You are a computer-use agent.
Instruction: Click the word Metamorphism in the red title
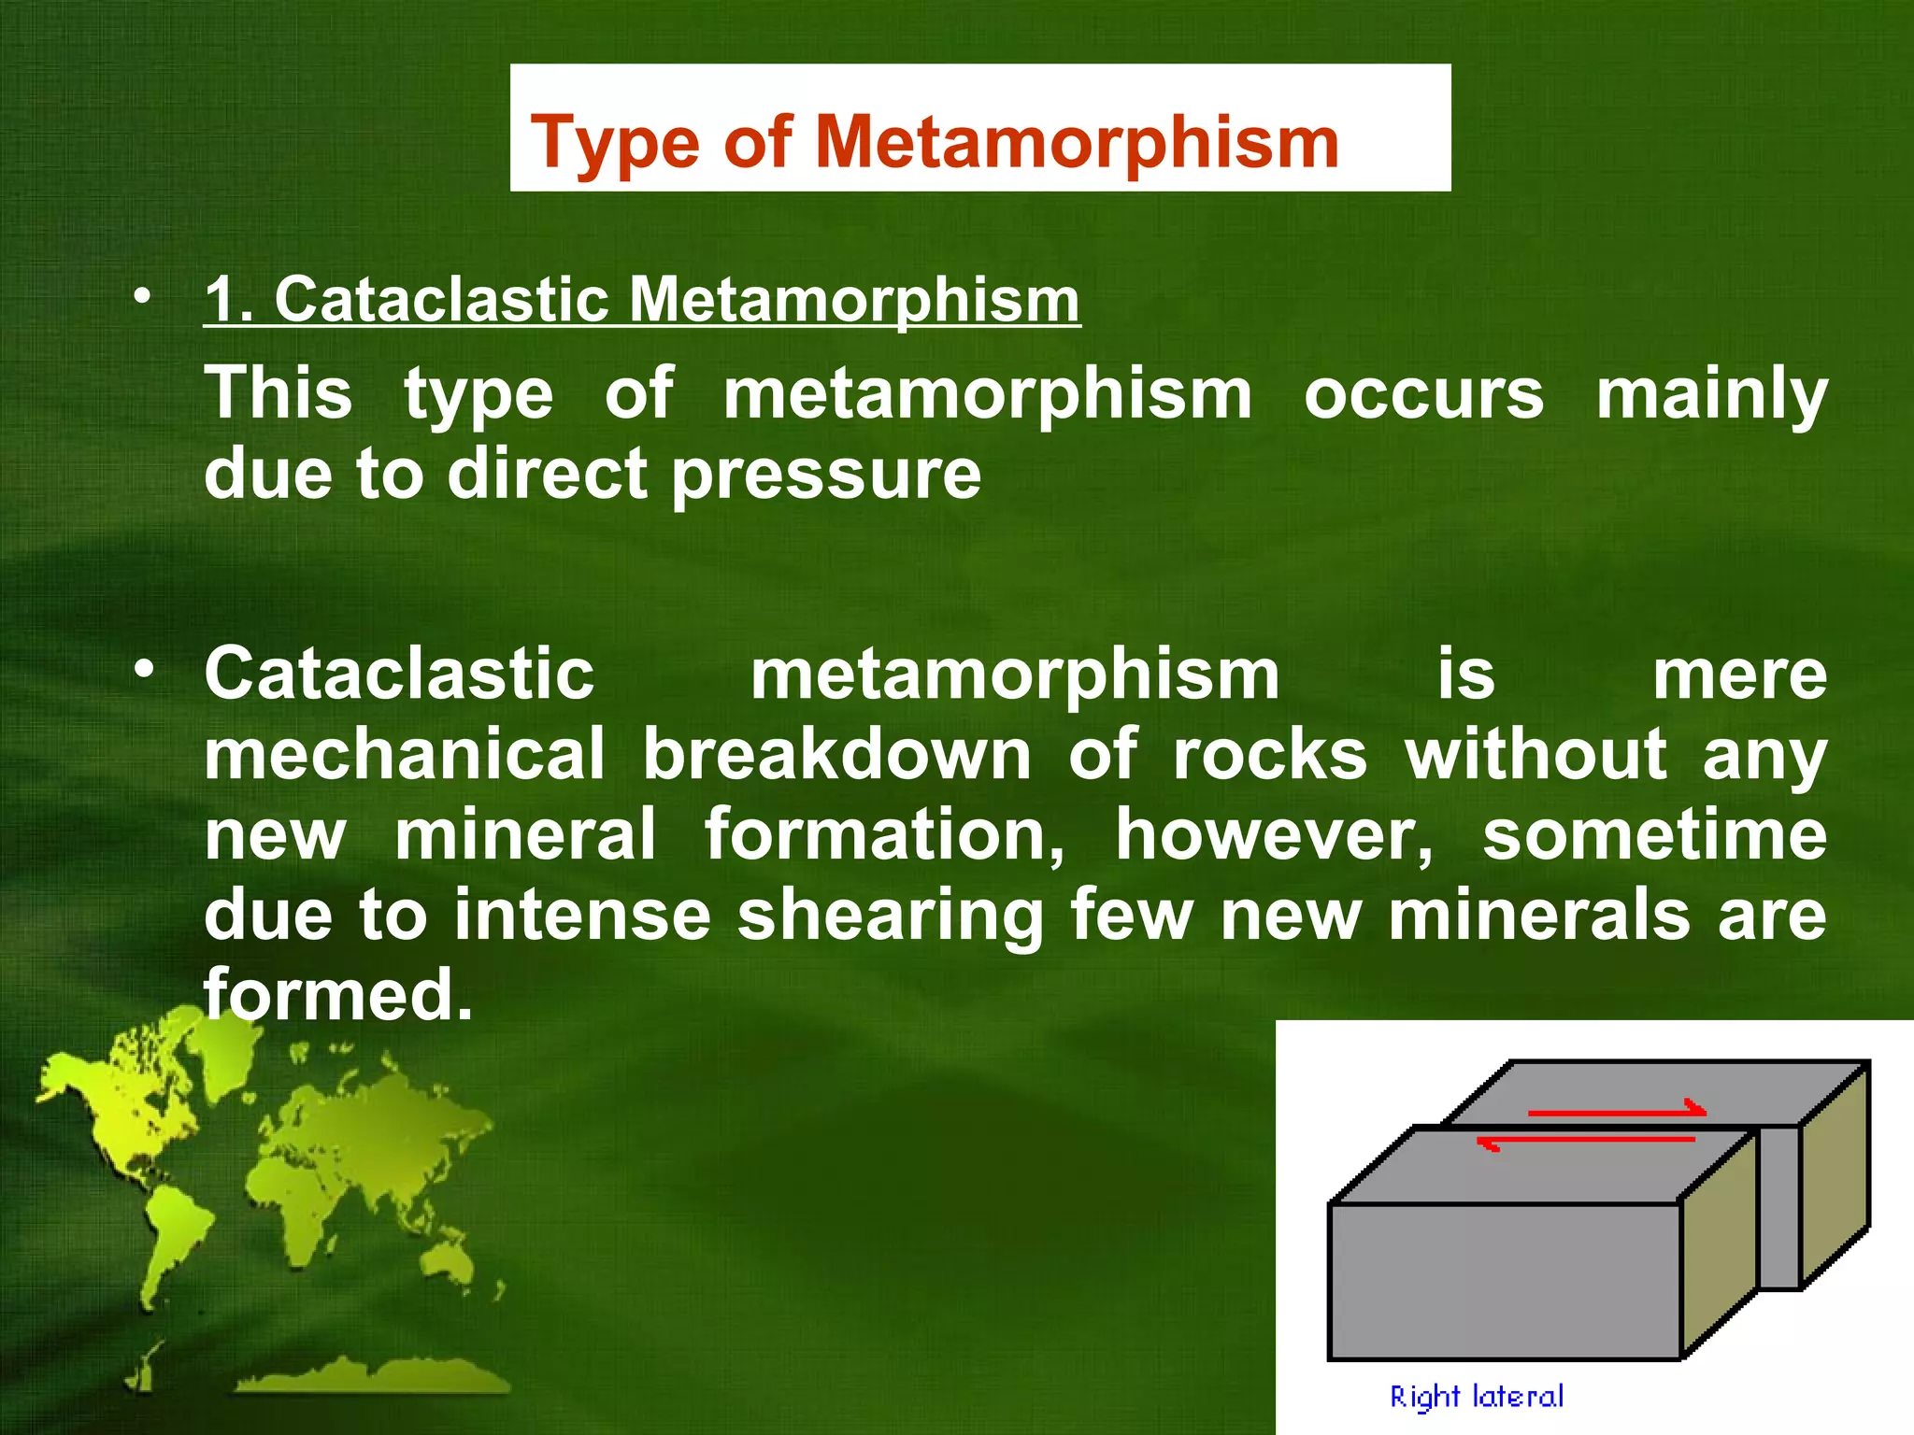tap(1077, 142)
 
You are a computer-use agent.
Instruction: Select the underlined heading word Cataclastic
tap(441, 300)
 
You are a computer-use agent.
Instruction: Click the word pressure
tap(826, 473)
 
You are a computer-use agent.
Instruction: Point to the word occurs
tap(1423, 393)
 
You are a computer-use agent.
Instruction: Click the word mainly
tap(1710, 393)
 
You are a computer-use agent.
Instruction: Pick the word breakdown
tap(836, 754)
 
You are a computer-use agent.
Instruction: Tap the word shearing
tap(889, 915)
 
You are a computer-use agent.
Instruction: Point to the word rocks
tap(1269, 754)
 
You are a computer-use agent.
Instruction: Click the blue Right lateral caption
tap(1476, 1397)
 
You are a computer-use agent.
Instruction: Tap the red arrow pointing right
tap(1617, 1112)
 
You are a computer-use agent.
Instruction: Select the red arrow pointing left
tap(1585, 1141)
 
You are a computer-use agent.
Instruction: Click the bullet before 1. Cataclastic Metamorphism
tap(142, 297)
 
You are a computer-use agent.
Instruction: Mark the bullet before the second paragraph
tap(142, 670)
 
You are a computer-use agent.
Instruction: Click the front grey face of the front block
tap(1504, 1280)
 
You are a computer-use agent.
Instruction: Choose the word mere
tap(1739, 675)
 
